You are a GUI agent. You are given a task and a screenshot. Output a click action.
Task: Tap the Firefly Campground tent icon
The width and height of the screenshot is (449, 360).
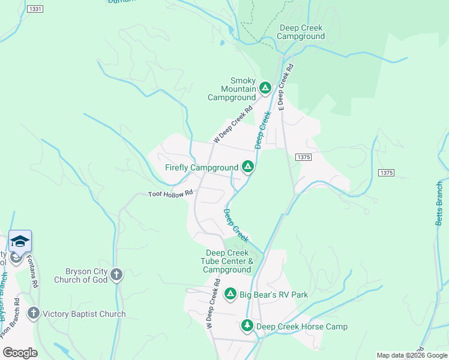pos(247,167)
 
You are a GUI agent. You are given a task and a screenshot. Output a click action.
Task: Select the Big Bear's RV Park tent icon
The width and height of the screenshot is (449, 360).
pos(230,294)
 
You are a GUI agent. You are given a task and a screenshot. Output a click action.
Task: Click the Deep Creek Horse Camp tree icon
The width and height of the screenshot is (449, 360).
pos(247,326)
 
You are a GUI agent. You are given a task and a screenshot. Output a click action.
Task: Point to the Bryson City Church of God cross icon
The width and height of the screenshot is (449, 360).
pos(116,275)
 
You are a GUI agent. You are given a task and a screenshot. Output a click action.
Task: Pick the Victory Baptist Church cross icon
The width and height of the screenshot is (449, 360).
pos(33,313)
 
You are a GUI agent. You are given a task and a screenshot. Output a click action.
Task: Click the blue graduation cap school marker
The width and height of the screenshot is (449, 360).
pos(20,241)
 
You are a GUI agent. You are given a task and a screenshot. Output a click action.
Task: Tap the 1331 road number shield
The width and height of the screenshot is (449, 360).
pos(35,9)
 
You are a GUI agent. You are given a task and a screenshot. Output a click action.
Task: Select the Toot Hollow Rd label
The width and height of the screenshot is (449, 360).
pos(170,194)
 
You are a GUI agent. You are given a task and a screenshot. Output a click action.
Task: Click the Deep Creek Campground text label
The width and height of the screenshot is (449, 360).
pos(301,32)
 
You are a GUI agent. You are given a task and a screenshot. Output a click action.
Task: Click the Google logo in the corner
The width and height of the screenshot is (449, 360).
pos(20,353)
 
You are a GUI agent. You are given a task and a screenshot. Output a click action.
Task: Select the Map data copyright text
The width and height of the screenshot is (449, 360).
pos(411,355)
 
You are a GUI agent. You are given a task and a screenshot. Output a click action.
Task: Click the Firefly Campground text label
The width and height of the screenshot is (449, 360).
pos(202,167)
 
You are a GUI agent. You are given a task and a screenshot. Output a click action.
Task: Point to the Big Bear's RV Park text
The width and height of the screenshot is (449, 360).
pos(274,295)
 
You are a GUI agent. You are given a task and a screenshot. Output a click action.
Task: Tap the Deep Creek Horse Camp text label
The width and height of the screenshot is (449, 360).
pos(301,326)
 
